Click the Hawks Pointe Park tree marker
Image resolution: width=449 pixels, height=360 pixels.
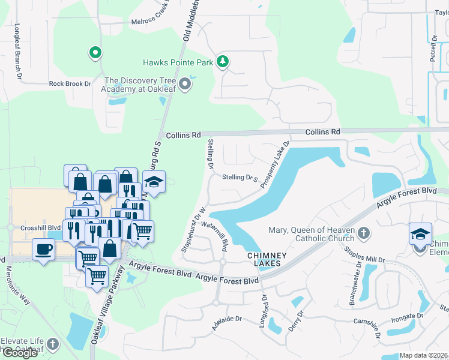tap(223, 61)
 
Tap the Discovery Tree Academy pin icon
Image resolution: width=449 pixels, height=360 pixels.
tap(185, 86)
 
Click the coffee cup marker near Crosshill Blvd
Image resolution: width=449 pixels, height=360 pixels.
tap(44, 249)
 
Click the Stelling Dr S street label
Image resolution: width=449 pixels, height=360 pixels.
tap(240, 178)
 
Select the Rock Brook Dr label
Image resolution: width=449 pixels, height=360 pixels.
tap(70, 84)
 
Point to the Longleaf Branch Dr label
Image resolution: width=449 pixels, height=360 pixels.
tap(18, 52)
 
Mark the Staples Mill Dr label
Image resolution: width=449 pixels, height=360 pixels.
tap(364, 258)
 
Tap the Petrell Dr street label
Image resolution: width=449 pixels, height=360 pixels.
tap(434, 49)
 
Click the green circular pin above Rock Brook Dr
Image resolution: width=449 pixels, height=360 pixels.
tap(95, 53)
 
